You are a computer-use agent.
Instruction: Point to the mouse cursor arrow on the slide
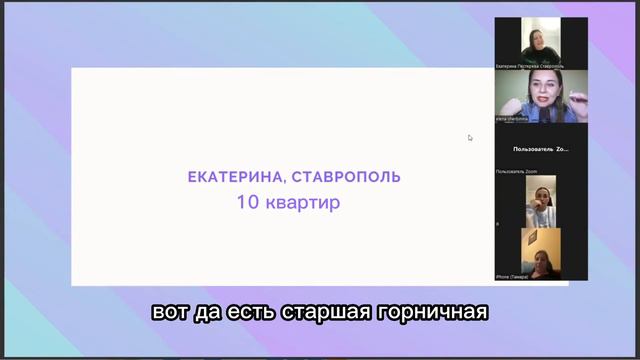(x=470, y=138)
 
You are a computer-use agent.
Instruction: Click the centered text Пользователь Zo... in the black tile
(x=541, y=149)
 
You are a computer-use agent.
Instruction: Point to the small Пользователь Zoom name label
(x=517, y=172)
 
